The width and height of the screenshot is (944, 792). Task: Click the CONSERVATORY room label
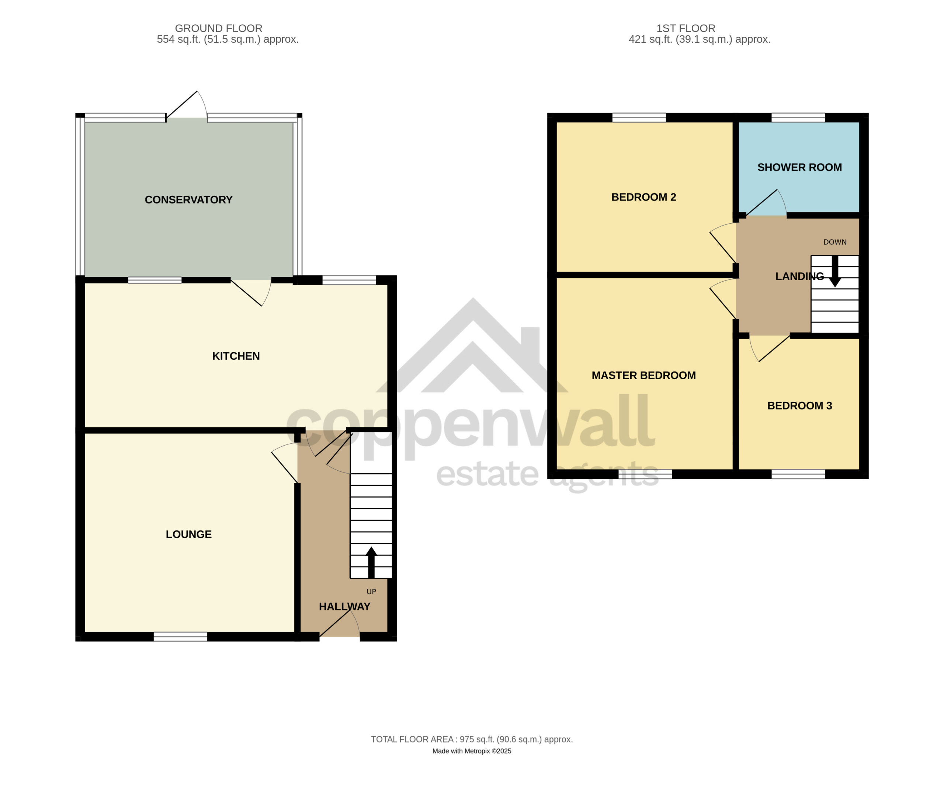tap(188, 200)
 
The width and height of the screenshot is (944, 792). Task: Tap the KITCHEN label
tap(236, 356)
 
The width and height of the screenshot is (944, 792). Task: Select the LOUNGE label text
tap(188, 534)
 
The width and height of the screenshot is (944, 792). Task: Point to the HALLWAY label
tap(344, 607)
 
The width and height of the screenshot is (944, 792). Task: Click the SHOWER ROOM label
tap(799, 168)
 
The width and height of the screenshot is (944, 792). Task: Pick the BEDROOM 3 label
tap(799, 406)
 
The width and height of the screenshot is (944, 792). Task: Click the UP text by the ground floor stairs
tap(371, 592)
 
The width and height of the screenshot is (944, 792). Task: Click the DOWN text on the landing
tap(835, 242)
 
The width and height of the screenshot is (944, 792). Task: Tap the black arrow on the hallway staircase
tap(371, 562)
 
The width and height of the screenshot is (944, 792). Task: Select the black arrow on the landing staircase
tap(835, 271)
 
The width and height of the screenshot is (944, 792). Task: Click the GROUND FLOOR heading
tap(218, 28)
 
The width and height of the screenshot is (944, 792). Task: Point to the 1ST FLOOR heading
tap(686, 28)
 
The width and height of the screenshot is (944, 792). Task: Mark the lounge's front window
tap(180, 636)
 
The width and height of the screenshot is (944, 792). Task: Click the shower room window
tap(798, 118)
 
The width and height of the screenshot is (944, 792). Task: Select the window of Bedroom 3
tap(798, 474)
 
